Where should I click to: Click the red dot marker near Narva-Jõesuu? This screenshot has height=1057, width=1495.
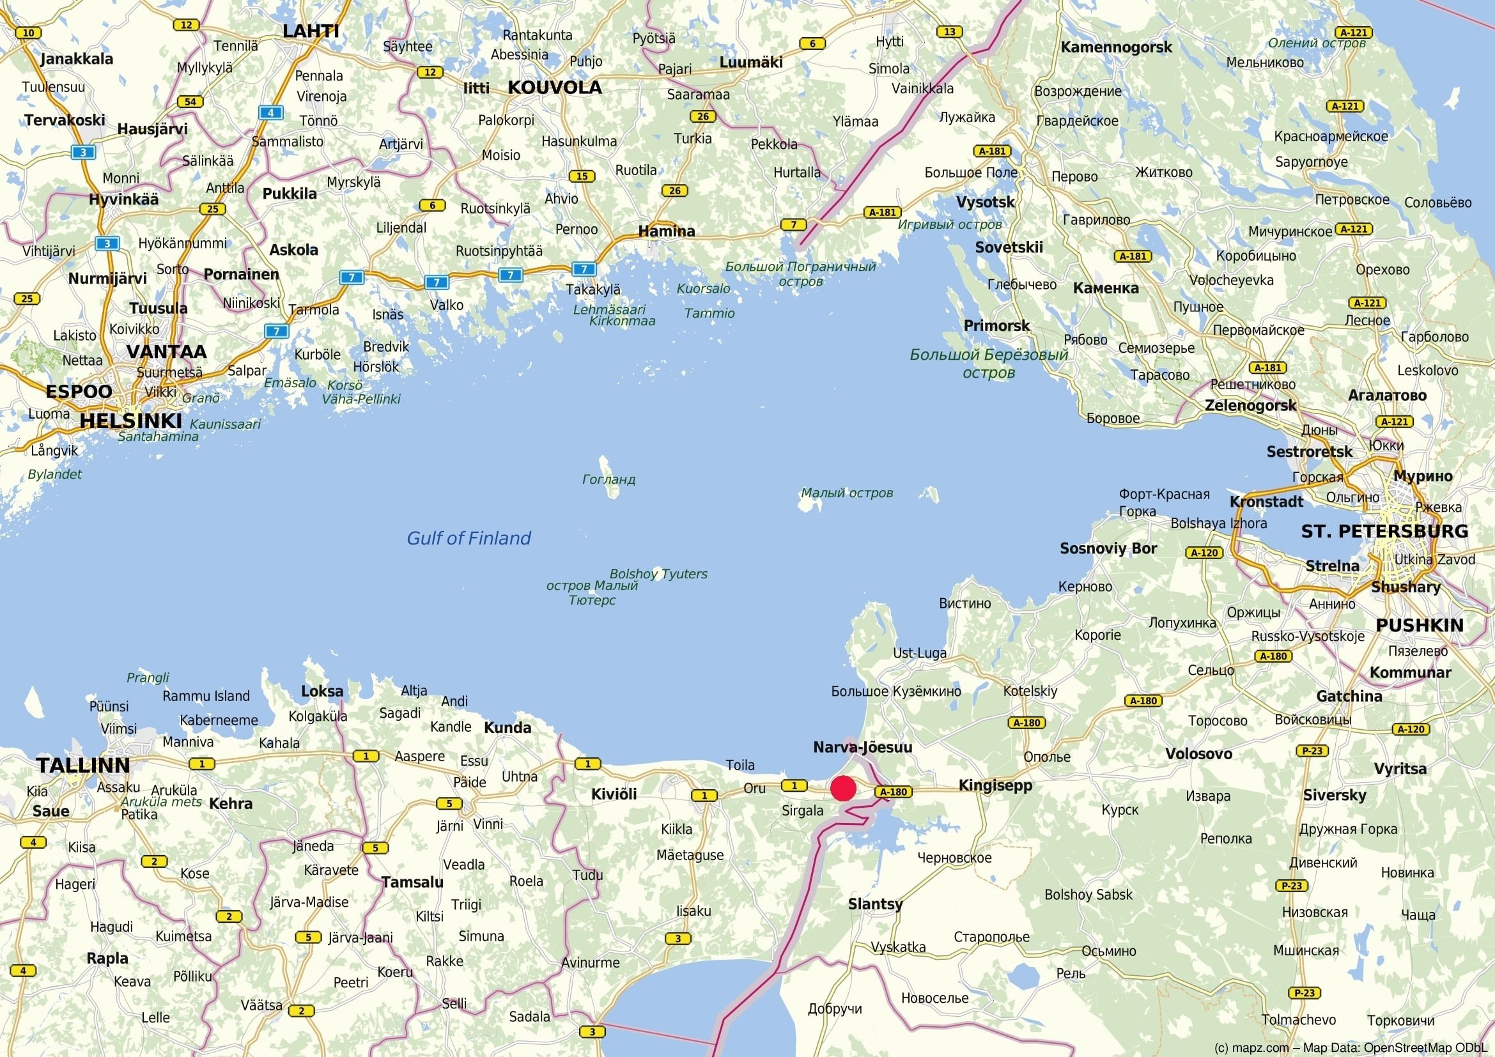tap(843, 789)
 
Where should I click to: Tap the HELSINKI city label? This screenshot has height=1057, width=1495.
tap(130, 420)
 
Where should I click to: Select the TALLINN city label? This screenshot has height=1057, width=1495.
tap(82, 765)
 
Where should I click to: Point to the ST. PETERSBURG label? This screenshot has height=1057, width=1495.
tap(1384, 531)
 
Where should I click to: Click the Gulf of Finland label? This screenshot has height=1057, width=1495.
tap(468, 538)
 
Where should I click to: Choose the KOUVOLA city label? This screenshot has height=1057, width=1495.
tap(554, 88)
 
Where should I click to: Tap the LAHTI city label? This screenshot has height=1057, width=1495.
tap(311, 31)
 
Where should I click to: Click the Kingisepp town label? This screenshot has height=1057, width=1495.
tap(995, 785)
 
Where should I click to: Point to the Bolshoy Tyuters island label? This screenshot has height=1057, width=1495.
tap(658, 573)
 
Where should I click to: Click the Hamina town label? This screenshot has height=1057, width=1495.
tap(666, 231)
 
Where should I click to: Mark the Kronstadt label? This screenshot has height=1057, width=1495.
tap(1266, 501)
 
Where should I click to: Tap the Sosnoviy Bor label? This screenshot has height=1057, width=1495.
tap(1108, 548)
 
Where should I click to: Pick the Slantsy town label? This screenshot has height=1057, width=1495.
tap(874, 904)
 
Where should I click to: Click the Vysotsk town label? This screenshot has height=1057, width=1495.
tap(984, 202)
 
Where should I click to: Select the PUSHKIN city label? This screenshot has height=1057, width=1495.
tap(1419, 625)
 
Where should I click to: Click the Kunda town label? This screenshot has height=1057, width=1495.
tap(507, 727)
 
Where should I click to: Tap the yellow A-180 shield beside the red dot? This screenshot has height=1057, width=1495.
tap(894, 792)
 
